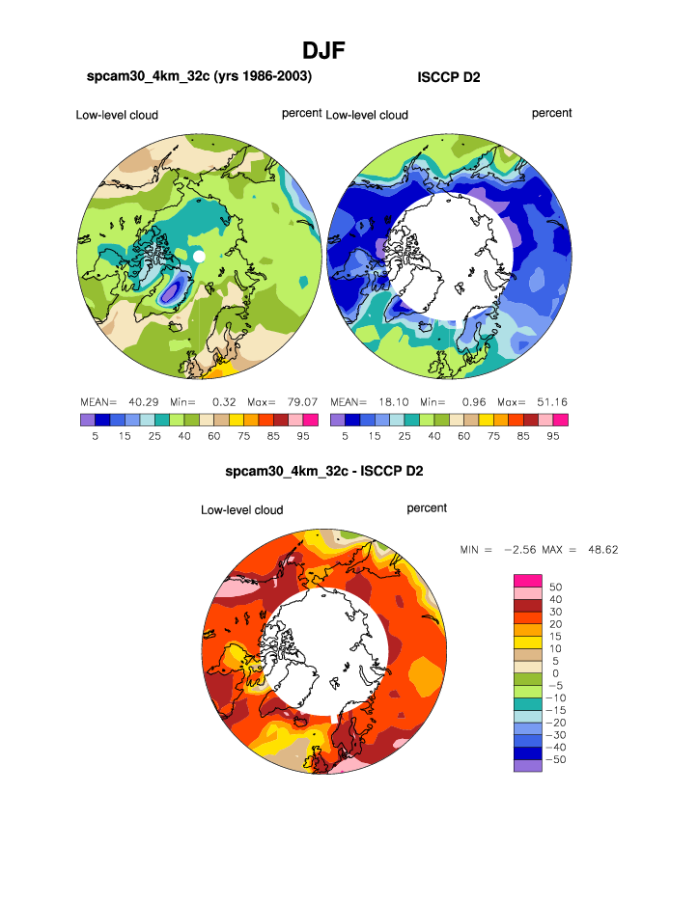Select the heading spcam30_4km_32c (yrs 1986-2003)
pos(199,75)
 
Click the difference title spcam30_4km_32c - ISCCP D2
pos(323,472)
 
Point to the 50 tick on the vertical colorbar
pos(554,587)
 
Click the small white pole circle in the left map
pos(199,257)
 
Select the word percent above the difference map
pos(427,507)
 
